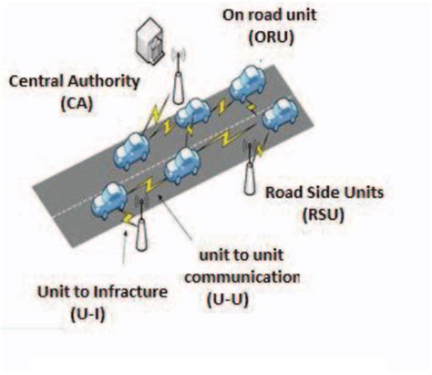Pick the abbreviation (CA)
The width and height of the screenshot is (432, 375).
(74, 104)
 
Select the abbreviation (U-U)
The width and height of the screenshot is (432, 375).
(241, 296)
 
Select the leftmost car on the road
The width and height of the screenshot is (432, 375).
(112, 195)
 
